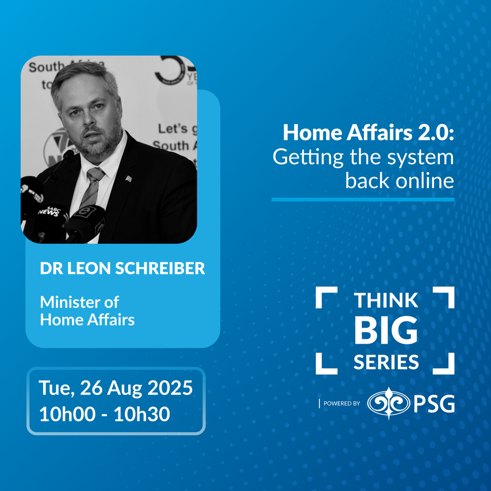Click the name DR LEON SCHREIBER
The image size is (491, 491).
(x=122, y=268)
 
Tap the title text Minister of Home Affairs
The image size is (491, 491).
(x=87, y=311)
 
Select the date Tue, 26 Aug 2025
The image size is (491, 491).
(x=116, y=388)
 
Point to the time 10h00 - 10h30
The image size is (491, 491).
(x=105, y=414)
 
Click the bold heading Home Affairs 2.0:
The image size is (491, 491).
(x=368, y=133)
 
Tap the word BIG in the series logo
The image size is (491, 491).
(x=386, y=331)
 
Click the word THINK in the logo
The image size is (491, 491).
(x=386, y=301)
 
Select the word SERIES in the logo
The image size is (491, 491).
(x=386, y=362)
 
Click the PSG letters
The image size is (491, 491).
(x=434, y=404)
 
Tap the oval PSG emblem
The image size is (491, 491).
(x=388, y=403)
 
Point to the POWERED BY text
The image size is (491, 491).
(x=342, y=404)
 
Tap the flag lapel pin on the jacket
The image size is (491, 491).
(x=128, y=179)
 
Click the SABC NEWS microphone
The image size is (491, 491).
(x=49, y=221)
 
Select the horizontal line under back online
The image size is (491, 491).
(x=363, y=200)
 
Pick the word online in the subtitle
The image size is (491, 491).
(x=424, y=181)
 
